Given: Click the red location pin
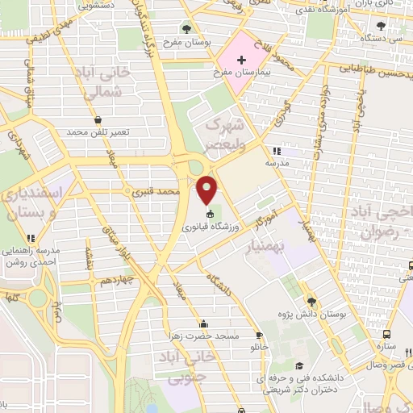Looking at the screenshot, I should click(208, 190).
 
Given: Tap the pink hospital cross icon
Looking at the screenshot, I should click(241, 60).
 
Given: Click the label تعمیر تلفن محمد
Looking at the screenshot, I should click(98, 131).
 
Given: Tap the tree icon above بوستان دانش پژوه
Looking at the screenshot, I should click(311, 302).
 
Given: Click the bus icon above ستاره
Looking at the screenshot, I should click(386, 332).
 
